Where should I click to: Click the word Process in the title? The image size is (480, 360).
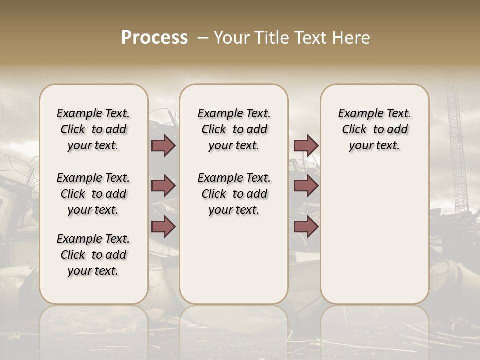click(154, 38)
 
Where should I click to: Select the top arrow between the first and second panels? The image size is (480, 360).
click(163, 145)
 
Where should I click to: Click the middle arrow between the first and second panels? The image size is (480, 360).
click(163, 186)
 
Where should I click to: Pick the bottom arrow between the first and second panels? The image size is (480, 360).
click(163, 227)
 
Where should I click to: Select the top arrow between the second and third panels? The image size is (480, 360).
click(306, 145)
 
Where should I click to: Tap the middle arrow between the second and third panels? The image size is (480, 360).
click(306, 186)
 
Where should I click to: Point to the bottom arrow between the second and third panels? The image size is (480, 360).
click(306, 227)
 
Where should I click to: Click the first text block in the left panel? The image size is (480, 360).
click(93, 129)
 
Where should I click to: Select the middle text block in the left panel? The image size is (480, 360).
click(93, 194)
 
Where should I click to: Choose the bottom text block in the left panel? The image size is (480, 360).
click(93, 255)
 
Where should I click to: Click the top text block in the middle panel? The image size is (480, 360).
click(234, 129)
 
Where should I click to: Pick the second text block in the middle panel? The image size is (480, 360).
click(234, 194)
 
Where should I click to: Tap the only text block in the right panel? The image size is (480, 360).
click(374, 129)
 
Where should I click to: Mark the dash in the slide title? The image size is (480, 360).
click(202, 38)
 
